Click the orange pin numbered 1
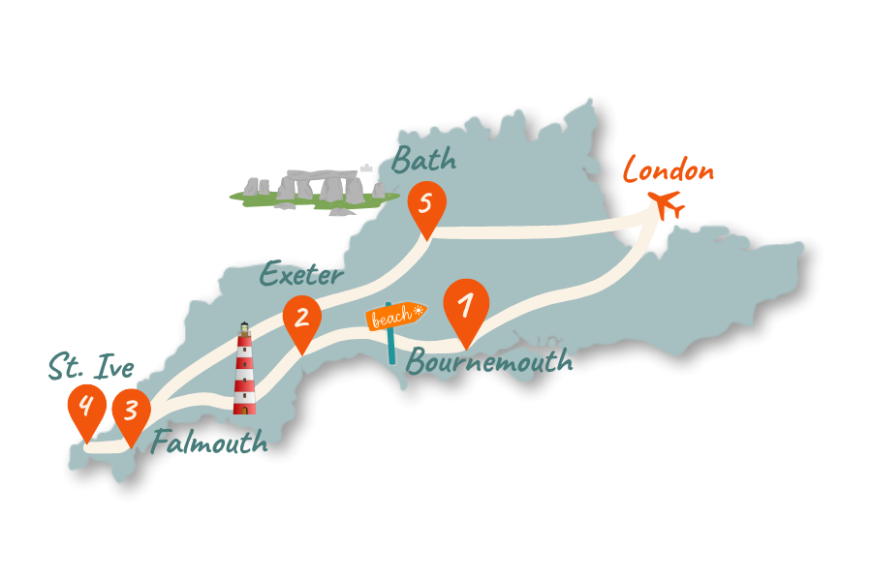click(x=466, y=308)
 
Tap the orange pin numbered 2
click(x=302, y=320)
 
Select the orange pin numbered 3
click(x=132, y=411)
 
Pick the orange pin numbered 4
click(x=86, y=408)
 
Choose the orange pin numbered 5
click(x=426, y=205)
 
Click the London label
click(x=669, y=171)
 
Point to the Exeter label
click(x=300, y=275)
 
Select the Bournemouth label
click(x=489, y=362)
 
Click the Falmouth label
click(x=208, y=443)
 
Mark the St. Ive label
click(x=91, y=367)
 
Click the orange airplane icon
click(x=667, y=203)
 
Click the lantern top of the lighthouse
click(x=244, y=331)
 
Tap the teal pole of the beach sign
click(x=391, y=346)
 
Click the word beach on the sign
click(x=392, y=318)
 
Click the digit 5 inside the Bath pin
click(x=426, y=203)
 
